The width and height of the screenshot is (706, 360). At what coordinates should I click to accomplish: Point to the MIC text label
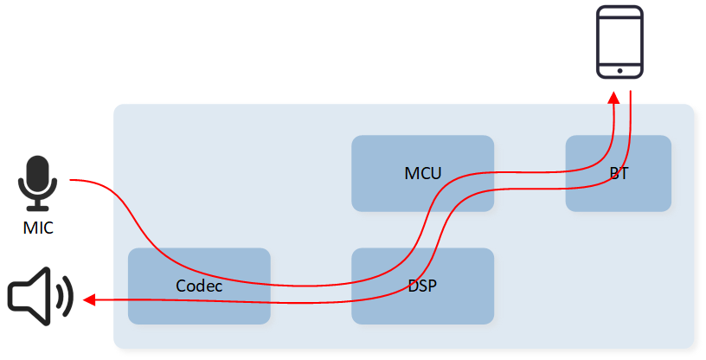38,228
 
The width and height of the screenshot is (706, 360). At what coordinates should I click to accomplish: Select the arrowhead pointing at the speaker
89,300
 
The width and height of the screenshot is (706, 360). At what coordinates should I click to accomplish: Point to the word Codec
199,286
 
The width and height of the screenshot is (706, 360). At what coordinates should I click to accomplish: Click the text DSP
422,286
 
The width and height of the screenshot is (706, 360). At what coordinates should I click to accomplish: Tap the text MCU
422,173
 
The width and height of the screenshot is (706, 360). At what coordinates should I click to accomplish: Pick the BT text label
619,173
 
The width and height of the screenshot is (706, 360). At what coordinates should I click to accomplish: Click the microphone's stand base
38,209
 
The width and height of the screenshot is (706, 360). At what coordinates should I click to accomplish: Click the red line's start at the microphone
72,180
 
